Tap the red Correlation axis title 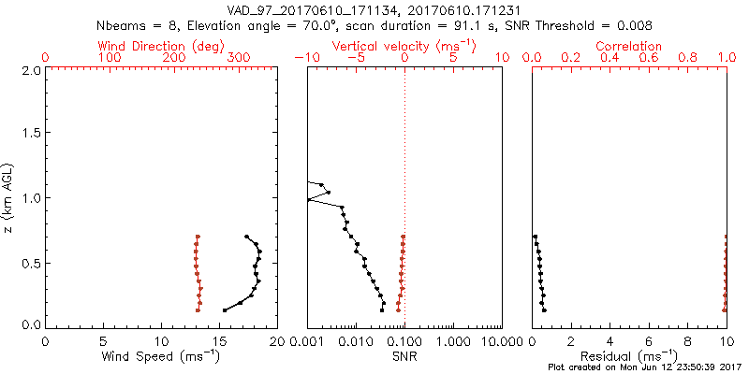tap(629, 46)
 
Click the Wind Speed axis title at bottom tap(162, 357)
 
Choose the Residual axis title tap(629, 357)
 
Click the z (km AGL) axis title tap(8, 197)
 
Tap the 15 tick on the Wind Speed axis tap(219, 341)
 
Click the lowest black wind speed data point tap(225, 309)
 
